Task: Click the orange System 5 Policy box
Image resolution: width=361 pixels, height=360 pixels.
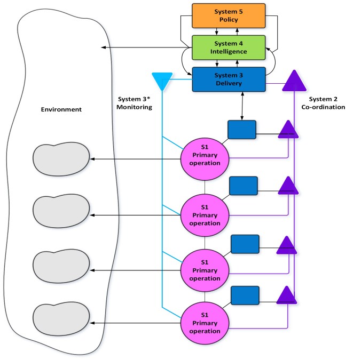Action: coord(229,15)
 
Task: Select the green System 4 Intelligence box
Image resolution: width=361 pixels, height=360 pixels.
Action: coord(229,47)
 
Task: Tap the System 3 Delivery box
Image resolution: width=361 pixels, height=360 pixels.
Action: coord(229,79)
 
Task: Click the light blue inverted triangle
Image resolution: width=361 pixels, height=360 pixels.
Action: coord(161,80)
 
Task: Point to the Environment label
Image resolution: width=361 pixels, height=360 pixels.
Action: coord(61,109)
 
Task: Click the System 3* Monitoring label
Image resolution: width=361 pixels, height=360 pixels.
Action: coord(134,103)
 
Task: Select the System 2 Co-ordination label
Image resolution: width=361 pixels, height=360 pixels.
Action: coord(327,103)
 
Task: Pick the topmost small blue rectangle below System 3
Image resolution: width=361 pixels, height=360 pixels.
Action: coord(242,130)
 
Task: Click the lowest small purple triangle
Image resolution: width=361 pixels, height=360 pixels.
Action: coord(287,297)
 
